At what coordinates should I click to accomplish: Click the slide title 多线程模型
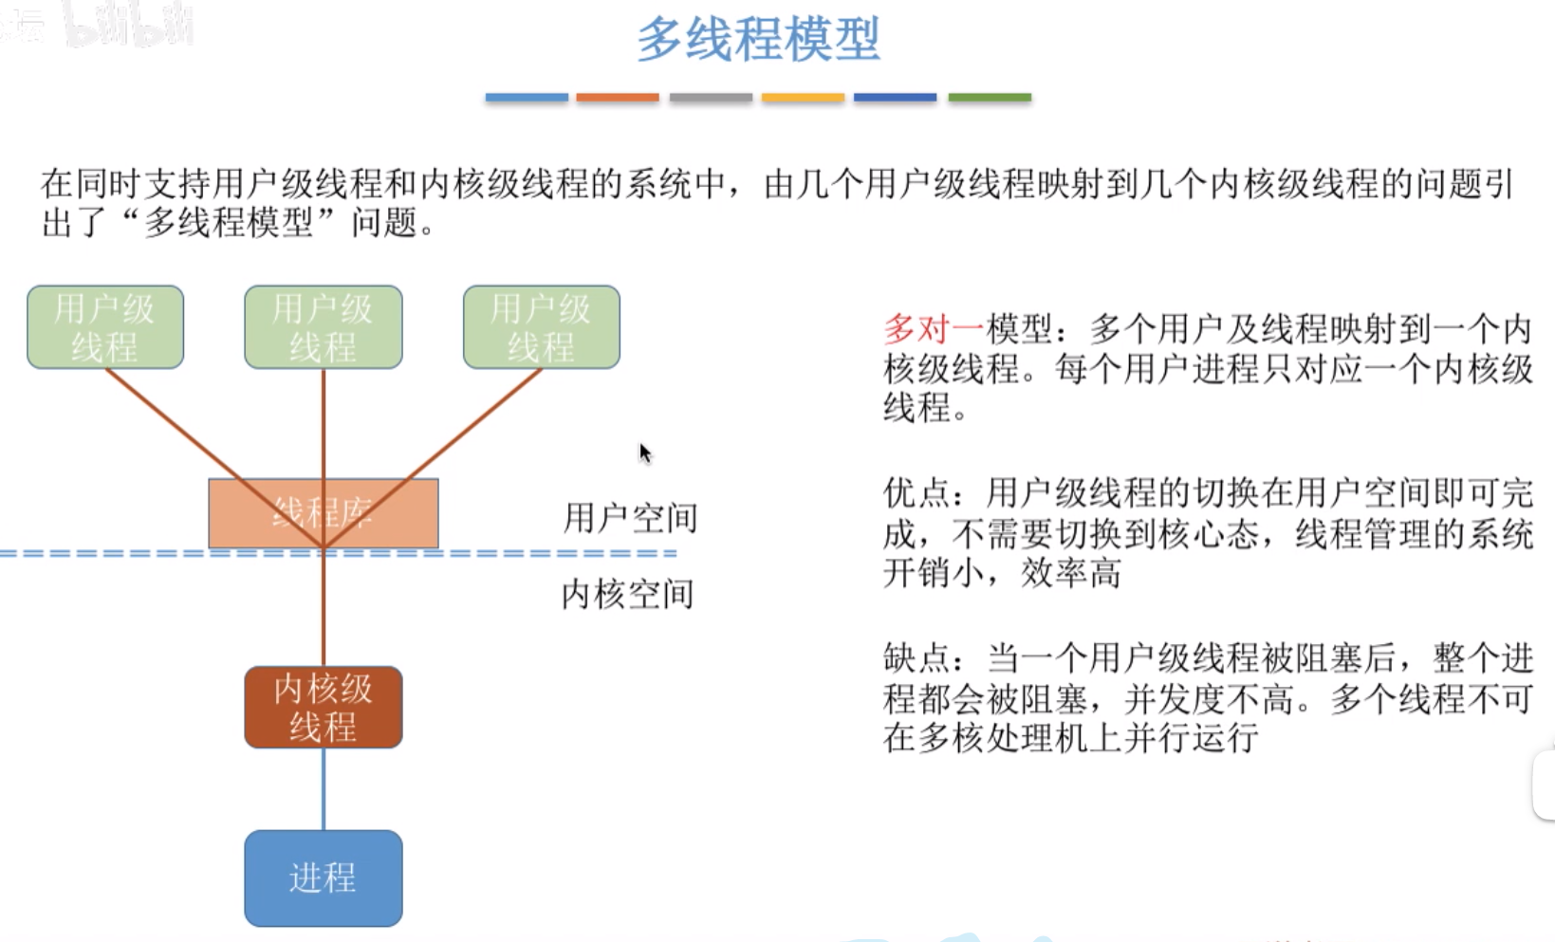coord(758,40)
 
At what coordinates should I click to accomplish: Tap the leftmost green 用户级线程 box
coord(105,327)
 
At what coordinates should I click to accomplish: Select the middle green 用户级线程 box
coord(324,327)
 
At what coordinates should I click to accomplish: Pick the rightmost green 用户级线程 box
coord(542,327)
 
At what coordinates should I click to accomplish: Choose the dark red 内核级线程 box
coord(324,708)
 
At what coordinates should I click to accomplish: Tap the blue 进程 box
coord(324,878)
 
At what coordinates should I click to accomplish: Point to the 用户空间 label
coord(630,518)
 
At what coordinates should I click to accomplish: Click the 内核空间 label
coord(628,595)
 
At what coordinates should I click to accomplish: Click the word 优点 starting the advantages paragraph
coord(916,493)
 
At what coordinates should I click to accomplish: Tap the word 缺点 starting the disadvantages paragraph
coord(916,657)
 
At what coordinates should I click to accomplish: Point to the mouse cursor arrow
coord(644,453)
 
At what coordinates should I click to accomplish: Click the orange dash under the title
coord(618,97)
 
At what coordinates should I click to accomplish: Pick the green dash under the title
coord(990,97)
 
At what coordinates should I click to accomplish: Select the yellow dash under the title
coord(803,97)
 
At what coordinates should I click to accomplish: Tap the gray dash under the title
coord(711,97)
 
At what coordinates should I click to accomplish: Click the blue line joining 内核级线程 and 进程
coord(324,789)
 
